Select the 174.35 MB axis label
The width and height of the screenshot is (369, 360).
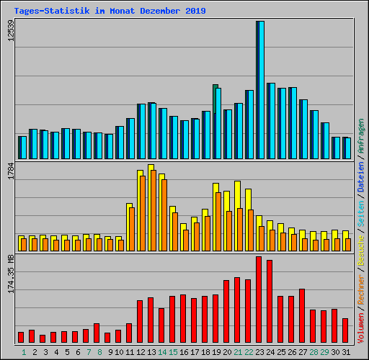[11, 274]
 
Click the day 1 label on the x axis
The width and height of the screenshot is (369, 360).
[24, 352]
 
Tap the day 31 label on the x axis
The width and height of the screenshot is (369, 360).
[345, 352]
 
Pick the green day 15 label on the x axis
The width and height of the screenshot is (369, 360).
[173, 352]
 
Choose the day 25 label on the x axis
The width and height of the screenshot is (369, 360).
[281, 352]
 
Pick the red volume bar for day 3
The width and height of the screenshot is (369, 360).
[43, 338]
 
